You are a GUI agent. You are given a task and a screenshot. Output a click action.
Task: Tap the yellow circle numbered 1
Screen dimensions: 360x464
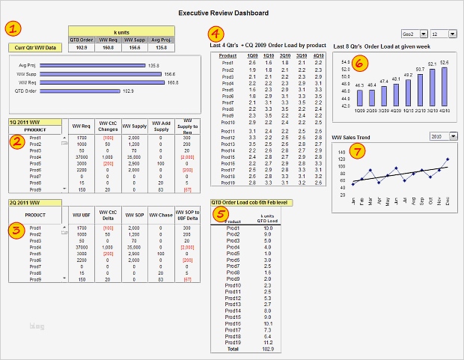pyautogui.click(x=15, y=29)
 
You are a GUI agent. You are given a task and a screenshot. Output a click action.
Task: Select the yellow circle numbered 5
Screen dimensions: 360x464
pyautogui.click(x=220, y=214)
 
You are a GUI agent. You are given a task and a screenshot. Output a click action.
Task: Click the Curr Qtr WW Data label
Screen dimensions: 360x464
pyautogui.click(x=35, y=47)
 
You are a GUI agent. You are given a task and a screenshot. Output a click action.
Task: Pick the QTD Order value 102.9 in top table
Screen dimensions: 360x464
pyautogui.click(x=81, y=47)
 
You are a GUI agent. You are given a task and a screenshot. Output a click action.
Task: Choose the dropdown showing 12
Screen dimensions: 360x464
pyautogui.click(x=439, y=34)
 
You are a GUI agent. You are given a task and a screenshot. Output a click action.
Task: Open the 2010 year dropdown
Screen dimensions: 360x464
pyautogui.click(x=439, y=136)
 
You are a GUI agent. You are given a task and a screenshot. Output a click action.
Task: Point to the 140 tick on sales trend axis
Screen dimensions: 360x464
pyautogui.click(x=341, y=150)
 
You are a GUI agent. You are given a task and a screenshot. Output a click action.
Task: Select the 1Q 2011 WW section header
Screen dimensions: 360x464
pyautogui.click(x=25, y=121)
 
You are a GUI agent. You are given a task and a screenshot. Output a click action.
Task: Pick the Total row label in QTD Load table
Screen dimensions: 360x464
pyautogui.click(x=233, y=348)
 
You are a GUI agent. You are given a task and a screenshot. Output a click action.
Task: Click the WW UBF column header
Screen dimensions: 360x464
pyautogui.click(x=82, y=216)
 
